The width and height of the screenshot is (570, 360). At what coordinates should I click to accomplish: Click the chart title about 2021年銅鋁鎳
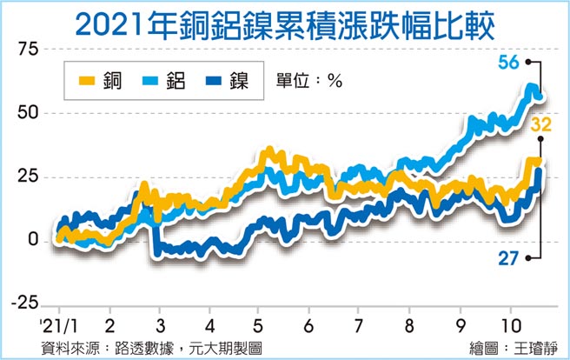285,23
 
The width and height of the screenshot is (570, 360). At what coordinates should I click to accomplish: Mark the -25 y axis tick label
26,303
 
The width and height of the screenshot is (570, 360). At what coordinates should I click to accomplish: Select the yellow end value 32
541,126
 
